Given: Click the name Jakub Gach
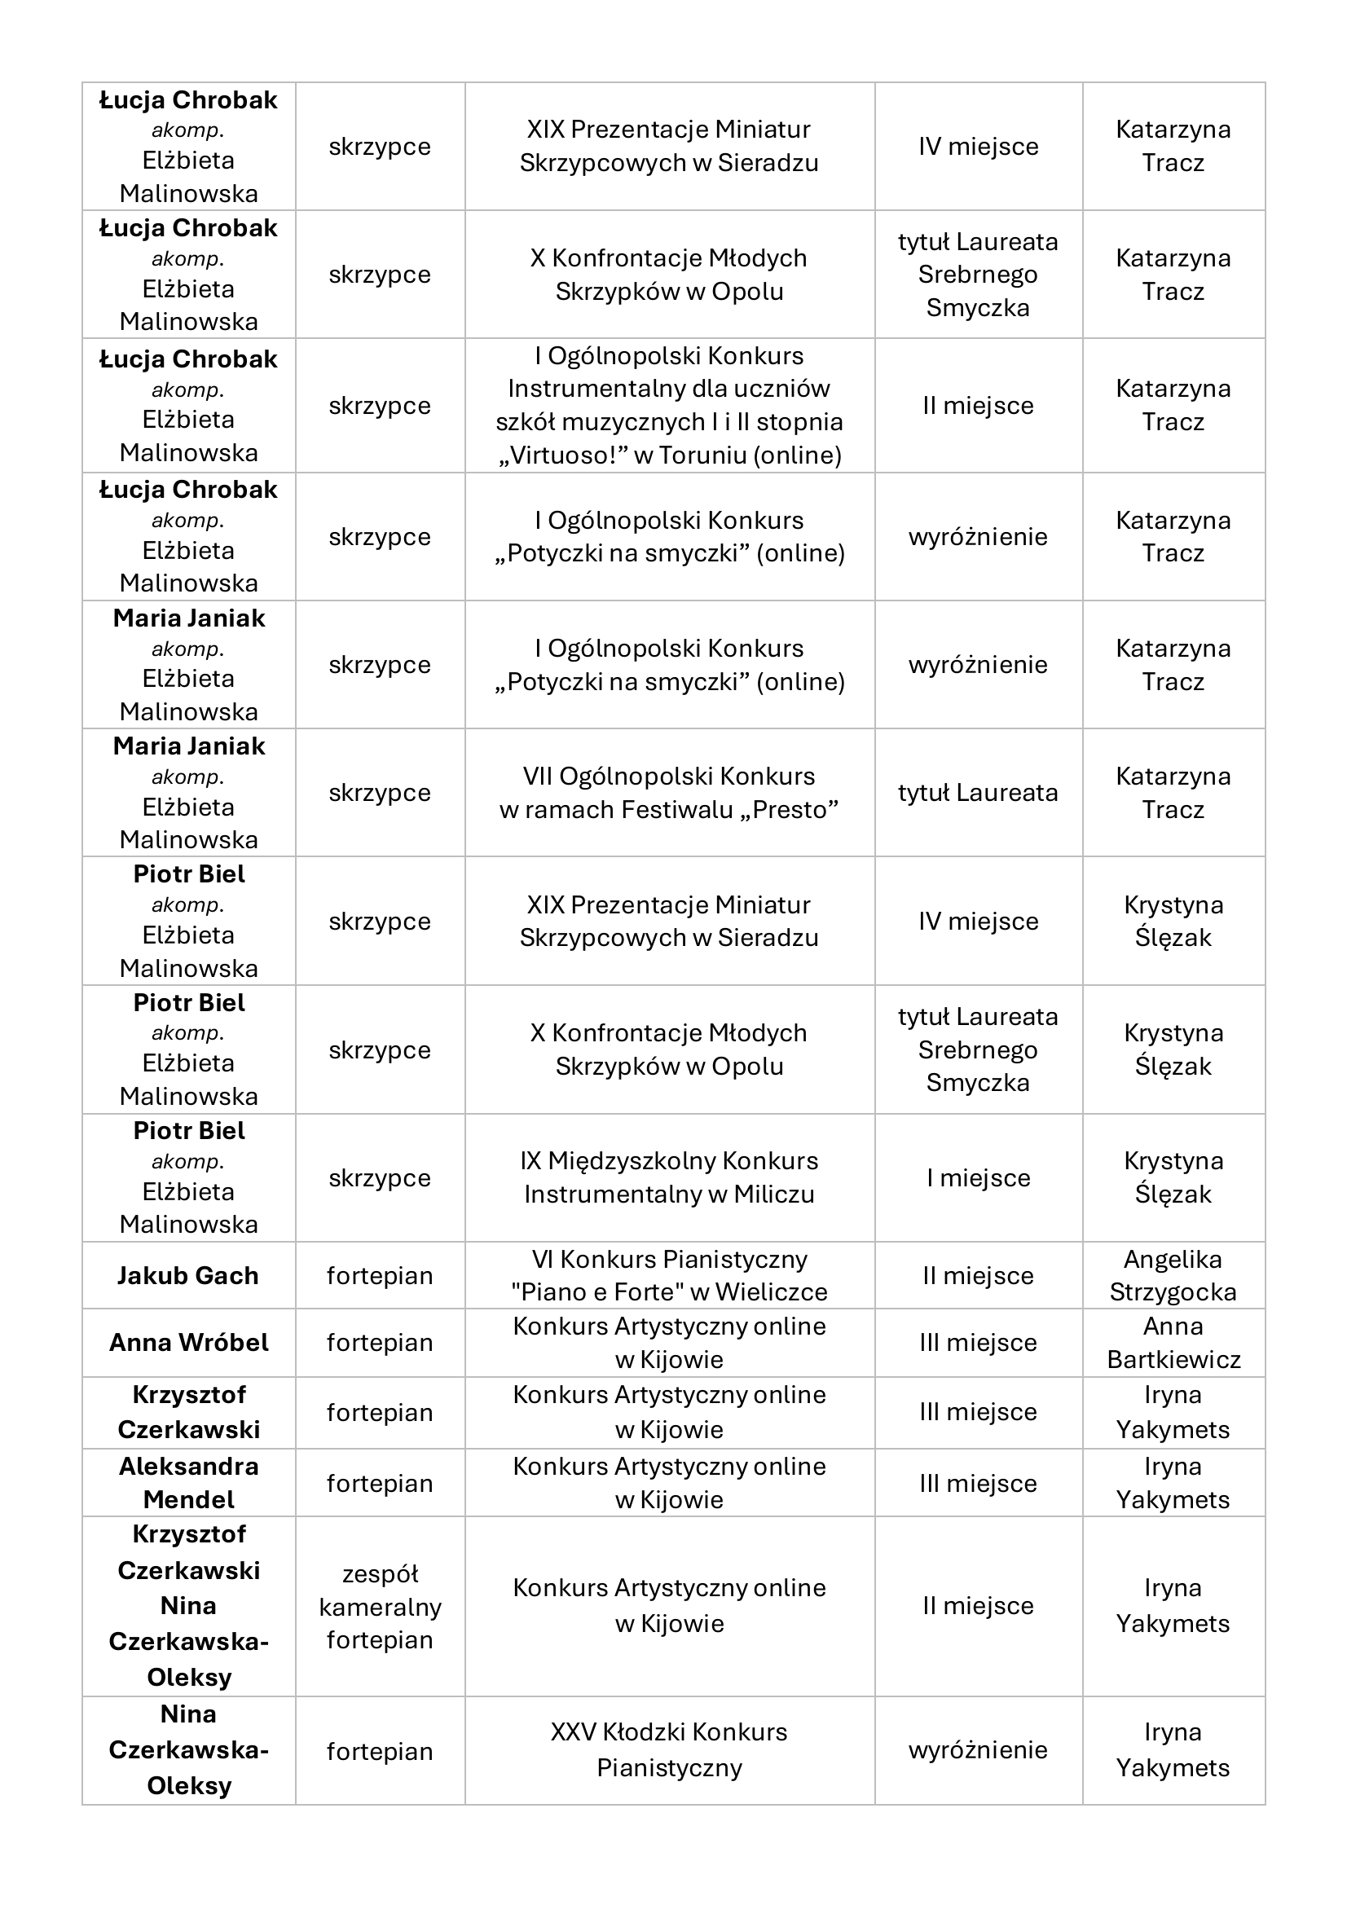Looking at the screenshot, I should pos(188,1275).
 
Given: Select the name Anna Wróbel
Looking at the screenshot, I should pos(188,1343).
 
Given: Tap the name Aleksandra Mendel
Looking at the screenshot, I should pos(188,1483).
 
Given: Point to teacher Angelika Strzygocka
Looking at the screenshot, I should pos(1173,1275).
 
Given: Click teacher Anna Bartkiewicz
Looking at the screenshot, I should pos(1173,1343).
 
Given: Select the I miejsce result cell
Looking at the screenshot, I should pos(978,1177).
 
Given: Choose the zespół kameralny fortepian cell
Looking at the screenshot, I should pos(379,1606).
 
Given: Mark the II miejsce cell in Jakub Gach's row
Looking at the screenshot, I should pos(978,1275).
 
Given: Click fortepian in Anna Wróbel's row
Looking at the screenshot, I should pos(379,1343).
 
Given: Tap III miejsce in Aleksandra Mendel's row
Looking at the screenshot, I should pos(978,1483).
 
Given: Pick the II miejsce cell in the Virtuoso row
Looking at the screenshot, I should pos(978,406).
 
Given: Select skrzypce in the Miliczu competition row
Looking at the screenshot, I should pos(379,1177).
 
